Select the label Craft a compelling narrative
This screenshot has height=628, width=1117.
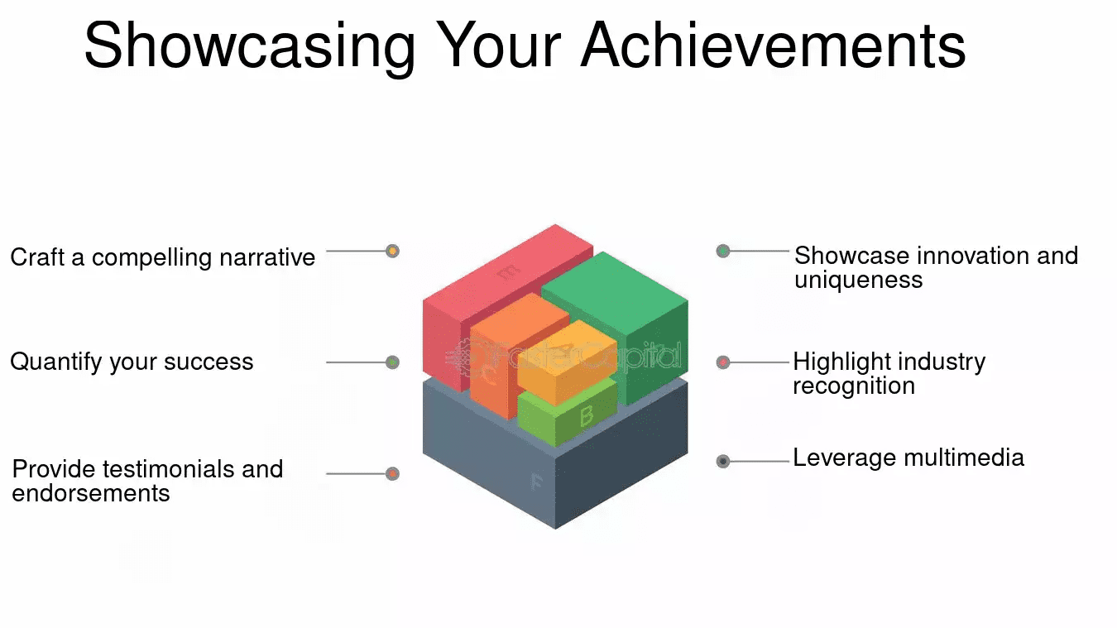162,257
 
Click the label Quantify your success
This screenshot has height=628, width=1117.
132,362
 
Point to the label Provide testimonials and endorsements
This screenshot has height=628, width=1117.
147,481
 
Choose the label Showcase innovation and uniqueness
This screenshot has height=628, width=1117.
936,266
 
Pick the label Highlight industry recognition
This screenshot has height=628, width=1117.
889,373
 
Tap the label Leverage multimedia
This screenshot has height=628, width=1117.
908,458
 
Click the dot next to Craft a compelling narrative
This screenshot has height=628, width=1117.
392,251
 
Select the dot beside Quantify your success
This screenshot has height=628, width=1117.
392,362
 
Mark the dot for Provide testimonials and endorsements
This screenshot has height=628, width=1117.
392,473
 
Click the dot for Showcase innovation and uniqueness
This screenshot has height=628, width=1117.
723,251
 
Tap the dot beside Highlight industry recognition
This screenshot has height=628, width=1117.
723,362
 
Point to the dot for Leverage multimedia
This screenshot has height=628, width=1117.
723,461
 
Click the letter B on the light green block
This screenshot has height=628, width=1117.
587,415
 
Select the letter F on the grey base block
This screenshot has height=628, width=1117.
536,482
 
